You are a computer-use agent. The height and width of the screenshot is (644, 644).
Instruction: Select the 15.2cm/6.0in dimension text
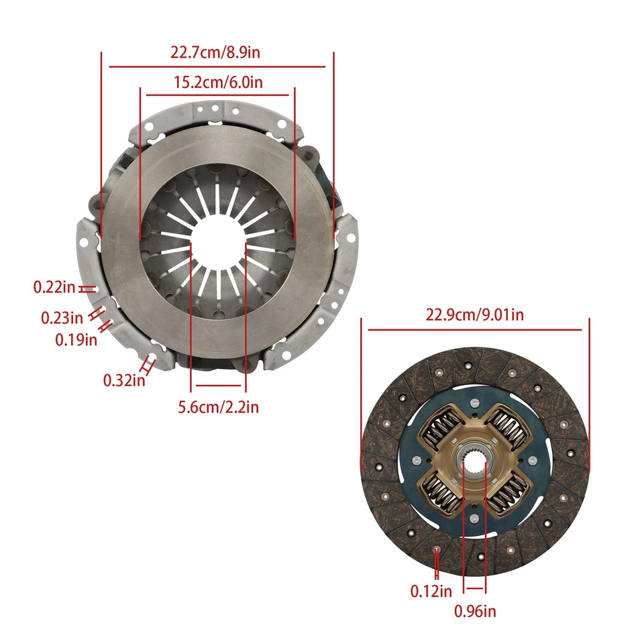(x=217, y=83)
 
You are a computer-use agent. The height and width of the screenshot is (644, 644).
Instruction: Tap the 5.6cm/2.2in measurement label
(x=218, y=407)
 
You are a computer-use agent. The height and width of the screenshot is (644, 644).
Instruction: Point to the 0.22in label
(x=54, y=288)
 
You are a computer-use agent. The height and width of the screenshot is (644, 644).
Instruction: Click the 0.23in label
(x=62, y=317)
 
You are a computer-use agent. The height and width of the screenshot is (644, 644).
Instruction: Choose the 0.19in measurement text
(x=76, y=339)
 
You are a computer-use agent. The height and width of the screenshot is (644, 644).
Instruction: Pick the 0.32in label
(x=124, y=380)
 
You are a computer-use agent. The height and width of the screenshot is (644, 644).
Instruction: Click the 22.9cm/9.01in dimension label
(x=474, y=314)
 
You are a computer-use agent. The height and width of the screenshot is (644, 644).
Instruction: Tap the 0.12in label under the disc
(x=431, y=591)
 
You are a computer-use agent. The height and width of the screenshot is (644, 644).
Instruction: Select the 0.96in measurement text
(x=475, y=611)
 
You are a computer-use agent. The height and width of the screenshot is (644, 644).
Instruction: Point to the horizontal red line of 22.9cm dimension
(x=474, y=329)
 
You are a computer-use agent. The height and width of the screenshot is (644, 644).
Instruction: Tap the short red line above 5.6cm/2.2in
(x=218, y=386)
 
